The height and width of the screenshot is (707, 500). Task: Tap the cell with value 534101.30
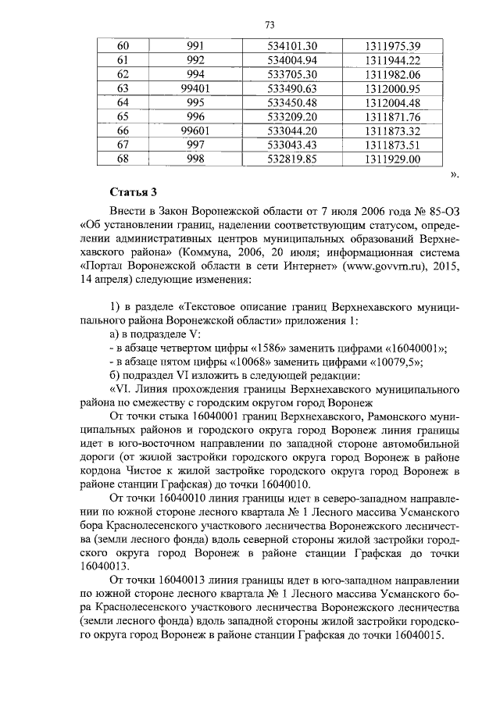click(291, 46)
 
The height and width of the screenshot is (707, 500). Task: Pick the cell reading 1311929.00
click(392, 159)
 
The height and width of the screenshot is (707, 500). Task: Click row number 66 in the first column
click(122, 130)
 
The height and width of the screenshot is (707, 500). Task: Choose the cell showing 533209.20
click(291, 116)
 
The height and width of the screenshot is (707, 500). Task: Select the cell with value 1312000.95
click(392, 88)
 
